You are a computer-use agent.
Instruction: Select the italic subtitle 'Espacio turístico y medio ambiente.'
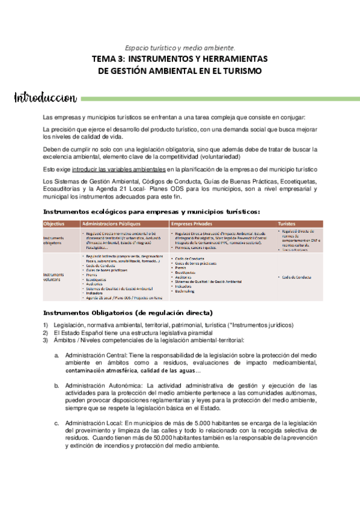click(x=180, y=47)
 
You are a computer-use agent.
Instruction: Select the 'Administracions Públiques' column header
click(x=108, y=224)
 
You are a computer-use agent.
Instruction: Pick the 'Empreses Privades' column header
click(x=192, y=224)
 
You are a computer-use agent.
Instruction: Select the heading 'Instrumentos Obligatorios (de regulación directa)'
click(x=128, y=313)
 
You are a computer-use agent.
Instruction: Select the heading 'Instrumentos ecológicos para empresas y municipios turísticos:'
click(x=152, y=211)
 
